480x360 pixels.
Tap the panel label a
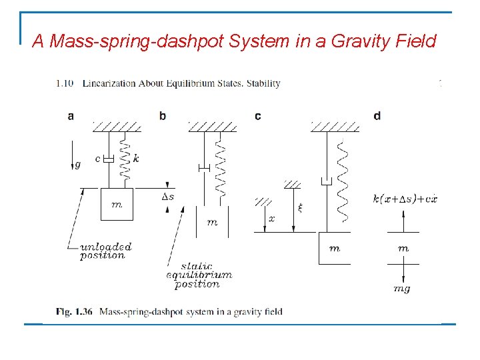click(71, 116)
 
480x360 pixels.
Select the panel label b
click(162, 116)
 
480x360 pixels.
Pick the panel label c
click(258, 116)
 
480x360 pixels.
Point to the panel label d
click(377, 116)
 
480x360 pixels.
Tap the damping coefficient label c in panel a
click(97, 159)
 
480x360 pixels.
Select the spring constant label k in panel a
click(136, 159)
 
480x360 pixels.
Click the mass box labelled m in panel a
click(117, 205)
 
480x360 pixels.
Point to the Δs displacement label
click(168, 197)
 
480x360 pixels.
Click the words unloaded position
click(105, 251)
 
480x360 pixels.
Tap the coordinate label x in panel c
click(271, 218)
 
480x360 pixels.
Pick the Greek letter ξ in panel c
click(299, 207)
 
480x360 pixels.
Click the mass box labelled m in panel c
click(335, 248)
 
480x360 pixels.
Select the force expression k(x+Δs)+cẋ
click(405, 199)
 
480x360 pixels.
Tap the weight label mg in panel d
click(402, 289)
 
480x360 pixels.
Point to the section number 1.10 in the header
click(65, 83)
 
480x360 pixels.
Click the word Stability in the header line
click(261, 83)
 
